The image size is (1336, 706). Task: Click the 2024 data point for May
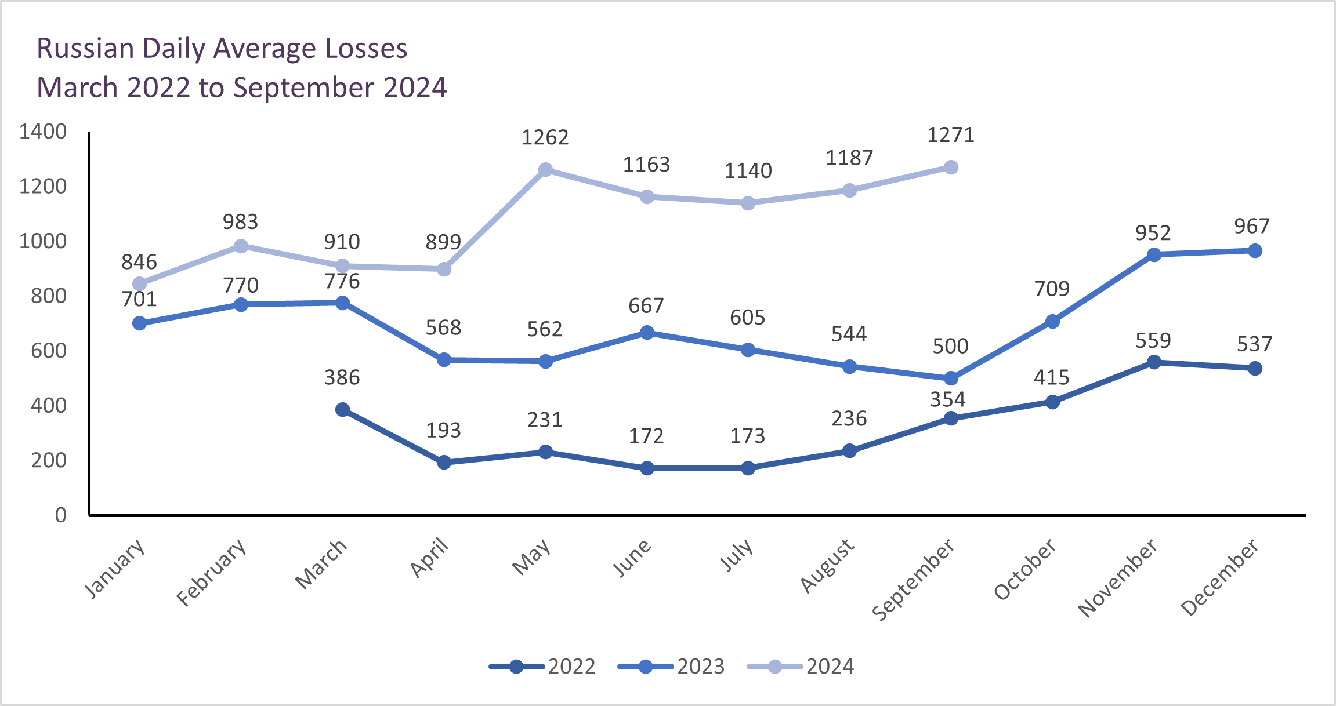tap(545, 170)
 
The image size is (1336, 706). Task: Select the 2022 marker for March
tap(342, 410)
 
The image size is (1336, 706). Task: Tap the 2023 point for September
tap(951, 379)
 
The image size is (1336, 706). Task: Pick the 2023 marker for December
tap(1255, 251)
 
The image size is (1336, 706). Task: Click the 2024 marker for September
tap(951, 168)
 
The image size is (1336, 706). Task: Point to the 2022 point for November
tap(1154, 362)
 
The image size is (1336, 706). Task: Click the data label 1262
tap(545, 138)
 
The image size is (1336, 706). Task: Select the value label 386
tap(342, 378)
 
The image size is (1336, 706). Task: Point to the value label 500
tap(950, 347)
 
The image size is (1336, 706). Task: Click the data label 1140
tap(748, 171)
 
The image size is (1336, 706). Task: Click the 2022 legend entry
tap(543, 667)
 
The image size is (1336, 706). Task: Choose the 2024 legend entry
tap(801, 667)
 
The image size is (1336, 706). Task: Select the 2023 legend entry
tap(672, 667)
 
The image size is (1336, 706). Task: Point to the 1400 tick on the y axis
tap(43, 132)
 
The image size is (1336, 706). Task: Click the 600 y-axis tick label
tap(49, 351)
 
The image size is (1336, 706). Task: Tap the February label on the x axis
tap(212, 572)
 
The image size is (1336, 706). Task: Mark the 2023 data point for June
tap(647, 333)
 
